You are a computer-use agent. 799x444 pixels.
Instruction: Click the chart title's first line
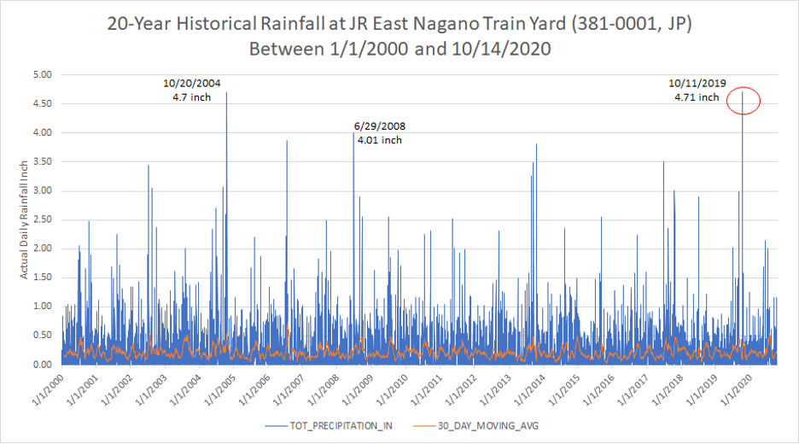tap(399, 23)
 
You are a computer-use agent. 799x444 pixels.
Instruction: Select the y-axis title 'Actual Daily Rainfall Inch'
tap(25, 219)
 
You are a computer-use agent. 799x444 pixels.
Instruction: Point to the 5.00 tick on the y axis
tap(41, 75)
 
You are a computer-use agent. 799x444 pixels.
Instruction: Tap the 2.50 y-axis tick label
tap(41, 219)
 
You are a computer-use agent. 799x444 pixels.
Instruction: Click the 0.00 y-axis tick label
tap(41, 365)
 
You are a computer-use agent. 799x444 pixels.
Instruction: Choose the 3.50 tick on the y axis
tap(41, 161)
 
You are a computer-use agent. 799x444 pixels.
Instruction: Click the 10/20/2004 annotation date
tap(192, 83)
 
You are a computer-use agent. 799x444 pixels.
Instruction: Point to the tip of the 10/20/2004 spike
tap(226, 93)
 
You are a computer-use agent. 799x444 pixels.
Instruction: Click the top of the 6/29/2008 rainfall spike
tap(353, 133)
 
